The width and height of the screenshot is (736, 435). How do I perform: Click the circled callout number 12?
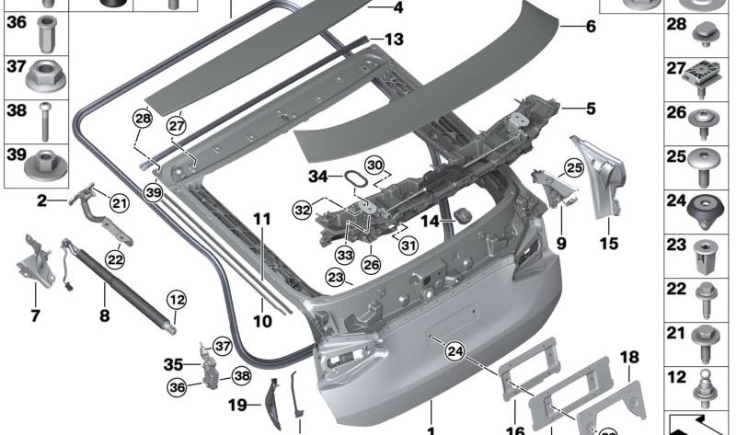point(176,299)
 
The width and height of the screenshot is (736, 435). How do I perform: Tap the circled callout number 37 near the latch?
point(221,346)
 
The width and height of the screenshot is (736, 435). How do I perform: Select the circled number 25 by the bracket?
point(574,168)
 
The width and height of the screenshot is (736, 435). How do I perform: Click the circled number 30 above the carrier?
point(373,165)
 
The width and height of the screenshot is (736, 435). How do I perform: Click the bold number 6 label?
point(591,27)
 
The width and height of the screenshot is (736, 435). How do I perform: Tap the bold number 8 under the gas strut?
point(104,315)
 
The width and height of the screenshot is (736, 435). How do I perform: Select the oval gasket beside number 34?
point(354,178)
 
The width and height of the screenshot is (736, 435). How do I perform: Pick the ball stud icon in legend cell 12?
point(703,377)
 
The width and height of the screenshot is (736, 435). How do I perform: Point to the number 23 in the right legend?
point(677,245)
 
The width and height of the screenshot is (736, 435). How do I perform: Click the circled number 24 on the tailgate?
point(454,349)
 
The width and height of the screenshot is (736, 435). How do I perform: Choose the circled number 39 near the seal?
point(153,192)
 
